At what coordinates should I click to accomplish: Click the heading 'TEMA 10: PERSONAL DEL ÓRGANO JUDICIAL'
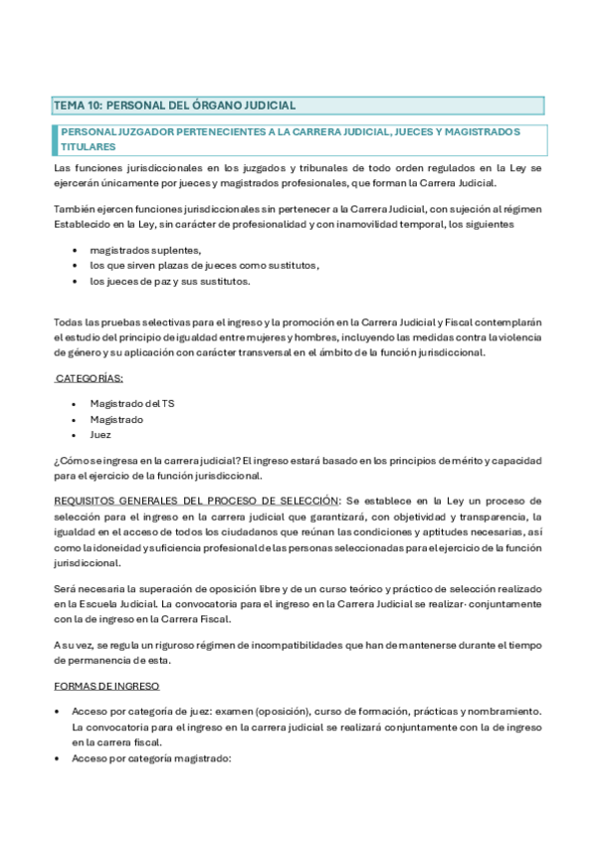(174, 105)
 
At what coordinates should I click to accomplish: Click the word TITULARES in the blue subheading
(89, 146)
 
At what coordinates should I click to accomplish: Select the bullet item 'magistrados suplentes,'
(145, 250)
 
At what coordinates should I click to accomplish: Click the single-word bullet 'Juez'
(100, 435)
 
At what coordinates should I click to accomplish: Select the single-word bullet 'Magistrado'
(116, 419)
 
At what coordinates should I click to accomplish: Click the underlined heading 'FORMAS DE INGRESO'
(106, 687)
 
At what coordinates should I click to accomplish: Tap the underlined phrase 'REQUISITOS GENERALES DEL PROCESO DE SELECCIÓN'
(197, 500)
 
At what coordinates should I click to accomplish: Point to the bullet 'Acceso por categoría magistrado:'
(151, 758)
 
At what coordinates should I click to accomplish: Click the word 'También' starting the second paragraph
(75, 207)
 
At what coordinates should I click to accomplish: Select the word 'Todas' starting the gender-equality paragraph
(70, 323)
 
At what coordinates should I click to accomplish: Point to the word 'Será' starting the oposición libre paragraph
(66, 588)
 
